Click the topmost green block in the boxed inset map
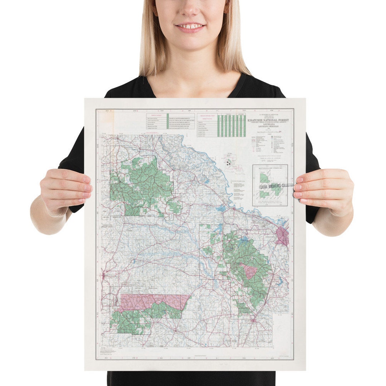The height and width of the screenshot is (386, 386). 265,178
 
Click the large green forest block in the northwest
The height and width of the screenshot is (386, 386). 143,186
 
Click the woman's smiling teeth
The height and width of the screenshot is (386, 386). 190,26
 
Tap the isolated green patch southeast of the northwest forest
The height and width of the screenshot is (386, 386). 174,207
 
